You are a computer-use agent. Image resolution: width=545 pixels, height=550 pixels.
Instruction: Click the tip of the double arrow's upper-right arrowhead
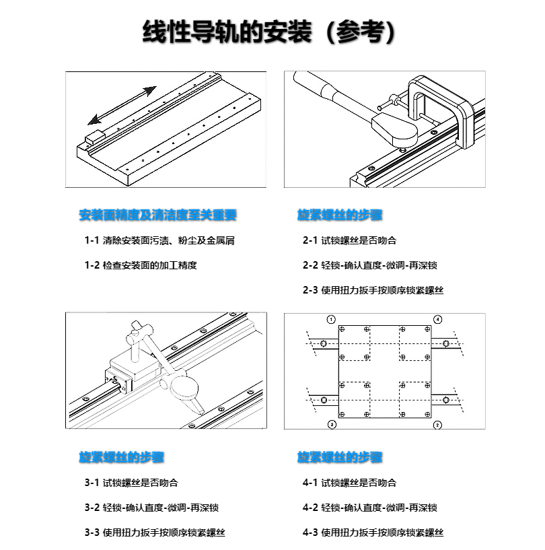(x=156, y=87)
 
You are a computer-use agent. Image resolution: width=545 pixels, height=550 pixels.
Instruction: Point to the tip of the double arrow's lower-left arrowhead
(x=87, y=125)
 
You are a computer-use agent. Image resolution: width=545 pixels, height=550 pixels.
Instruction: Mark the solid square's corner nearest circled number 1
(x=338, y=326)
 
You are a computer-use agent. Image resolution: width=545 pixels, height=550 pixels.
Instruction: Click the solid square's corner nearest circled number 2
(x=431, y=417)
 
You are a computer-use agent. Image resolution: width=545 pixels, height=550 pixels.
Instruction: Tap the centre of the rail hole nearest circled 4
(x=446, y=343)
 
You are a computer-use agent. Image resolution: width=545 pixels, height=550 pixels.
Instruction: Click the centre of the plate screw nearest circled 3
(x=342, y=414)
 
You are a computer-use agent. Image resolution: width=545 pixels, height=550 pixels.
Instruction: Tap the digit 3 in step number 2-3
(x=315, y=290)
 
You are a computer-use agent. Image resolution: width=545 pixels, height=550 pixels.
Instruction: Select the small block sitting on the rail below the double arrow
(x=94, y=137)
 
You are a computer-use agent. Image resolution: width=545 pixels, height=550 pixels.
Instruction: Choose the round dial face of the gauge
(x=184, y=389)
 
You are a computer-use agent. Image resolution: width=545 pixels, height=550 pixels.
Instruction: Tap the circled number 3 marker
(x=332, y=425)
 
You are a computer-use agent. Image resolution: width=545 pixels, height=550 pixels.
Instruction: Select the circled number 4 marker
(x=438, y=320)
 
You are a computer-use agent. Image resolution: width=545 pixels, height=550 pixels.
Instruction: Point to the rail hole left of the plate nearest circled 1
(x=324, y=343)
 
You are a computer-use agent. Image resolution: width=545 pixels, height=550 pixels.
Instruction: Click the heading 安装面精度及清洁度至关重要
(x=157, y=215)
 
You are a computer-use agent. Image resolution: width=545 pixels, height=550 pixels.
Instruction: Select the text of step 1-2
(x=141, y=265)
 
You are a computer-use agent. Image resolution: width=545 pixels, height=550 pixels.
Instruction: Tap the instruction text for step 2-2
(x=370, y=265)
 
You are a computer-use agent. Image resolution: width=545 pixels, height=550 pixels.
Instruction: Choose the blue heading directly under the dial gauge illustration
(x=121, y=457)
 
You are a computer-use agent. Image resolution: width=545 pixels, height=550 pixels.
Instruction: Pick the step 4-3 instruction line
(x=373, y=532)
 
